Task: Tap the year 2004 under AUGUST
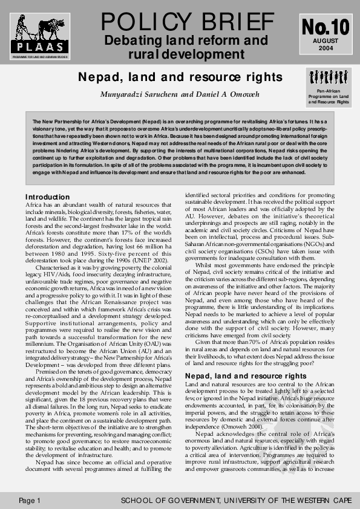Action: pos(326,48)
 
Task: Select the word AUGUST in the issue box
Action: pos(326,41)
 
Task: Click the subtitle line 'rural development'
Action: pos(186,54)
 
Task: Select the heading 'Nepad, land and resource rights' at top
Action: pos(180,77)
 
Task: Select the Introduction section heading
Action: pos(47,197)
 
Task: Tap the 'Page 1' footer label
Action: pos(29,501)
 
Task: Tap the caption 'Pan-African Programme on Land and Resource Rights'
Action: pos(328,97)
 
